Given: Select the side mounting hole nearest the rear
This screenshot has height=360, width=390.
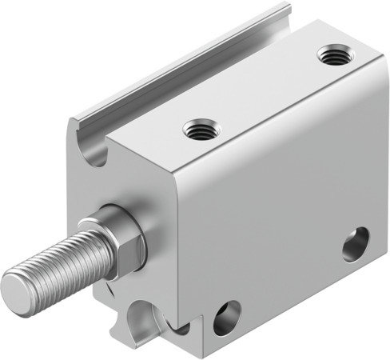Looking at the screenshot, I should point(356,244).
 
